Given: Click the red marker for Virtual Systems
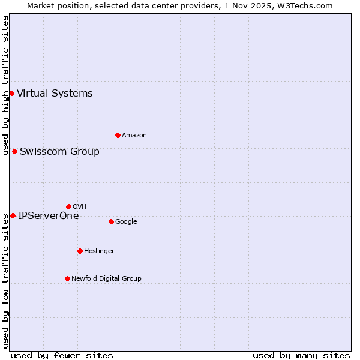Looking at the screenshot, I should (11, 93).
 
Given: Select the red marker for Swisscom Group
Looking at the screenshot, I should (14, 151).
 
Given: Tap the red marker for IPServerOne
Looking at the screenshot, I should (13, 215).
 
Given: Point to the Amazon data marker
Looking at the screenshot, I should (118, 135).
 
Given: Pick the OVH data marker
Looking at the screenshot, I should (68, 206).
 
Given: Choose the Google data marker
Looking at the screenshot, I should (111, 221).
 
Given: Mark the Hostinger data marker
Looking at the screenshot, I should (80, 251).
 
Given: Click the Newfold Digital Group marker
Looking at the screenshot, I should (67, 278).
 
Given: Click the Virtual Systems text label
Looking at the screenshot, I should (55, 93).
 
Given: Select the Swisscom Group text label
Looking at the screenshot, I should (59, 151).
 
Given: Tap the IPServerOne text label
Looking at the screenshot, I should (48, 215).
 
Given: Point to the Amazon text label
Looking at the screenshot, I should (134, 135).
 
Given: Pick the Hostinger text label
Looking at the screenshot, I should (99, 251).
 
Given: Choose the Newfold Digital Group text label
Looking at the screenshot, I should (106, 278).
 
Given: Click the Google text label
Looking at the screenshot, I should (126, 221).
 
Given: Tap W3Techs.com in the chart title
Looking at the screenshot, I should (307, 5).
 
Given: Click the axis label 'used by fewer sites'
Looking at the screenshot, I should (62, 355).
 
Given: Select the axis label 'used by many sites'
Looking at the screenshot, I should (301, 355).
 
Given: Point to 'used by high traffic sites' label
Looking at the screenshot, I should (5, 85).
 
